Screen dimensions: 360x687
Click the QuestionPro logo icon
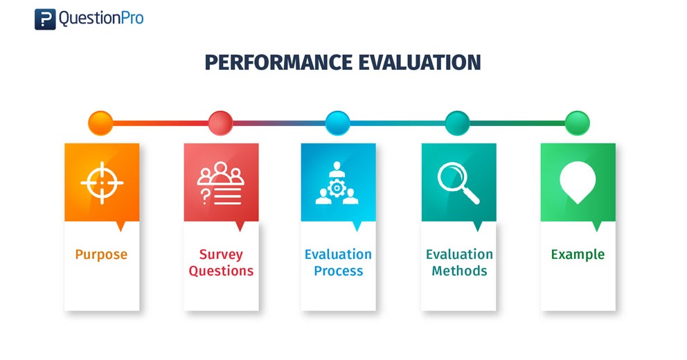click(x=45, y=19)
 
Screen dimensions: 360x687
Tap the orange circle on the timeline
click(x=100, y=123)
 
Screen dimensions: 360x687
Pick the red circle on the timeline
click(x=220, y=123)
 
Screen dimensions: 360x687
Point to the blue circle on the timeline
click(x=338, y=123)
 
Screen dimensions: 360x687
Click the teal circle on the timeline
click(x=458, y=123)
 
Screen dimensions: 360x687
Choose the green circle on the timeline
click(x=578, y=123)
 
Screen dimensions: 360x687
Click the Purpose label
click(x=102, y=255)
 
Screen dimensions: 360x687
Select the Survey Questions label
click(x=221, y=262)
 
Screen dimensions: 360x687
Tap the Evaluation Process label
click(x=338, y=262)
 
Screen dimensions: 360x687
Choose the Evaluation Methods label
click(x=459, y=262)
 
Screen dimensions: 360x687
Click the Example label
click(x=578, y=255)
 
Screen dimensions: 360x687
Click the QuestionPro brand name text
click(x=101, y=19)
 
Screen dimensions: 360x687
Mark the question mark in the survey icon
click(x=204, y=196)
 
